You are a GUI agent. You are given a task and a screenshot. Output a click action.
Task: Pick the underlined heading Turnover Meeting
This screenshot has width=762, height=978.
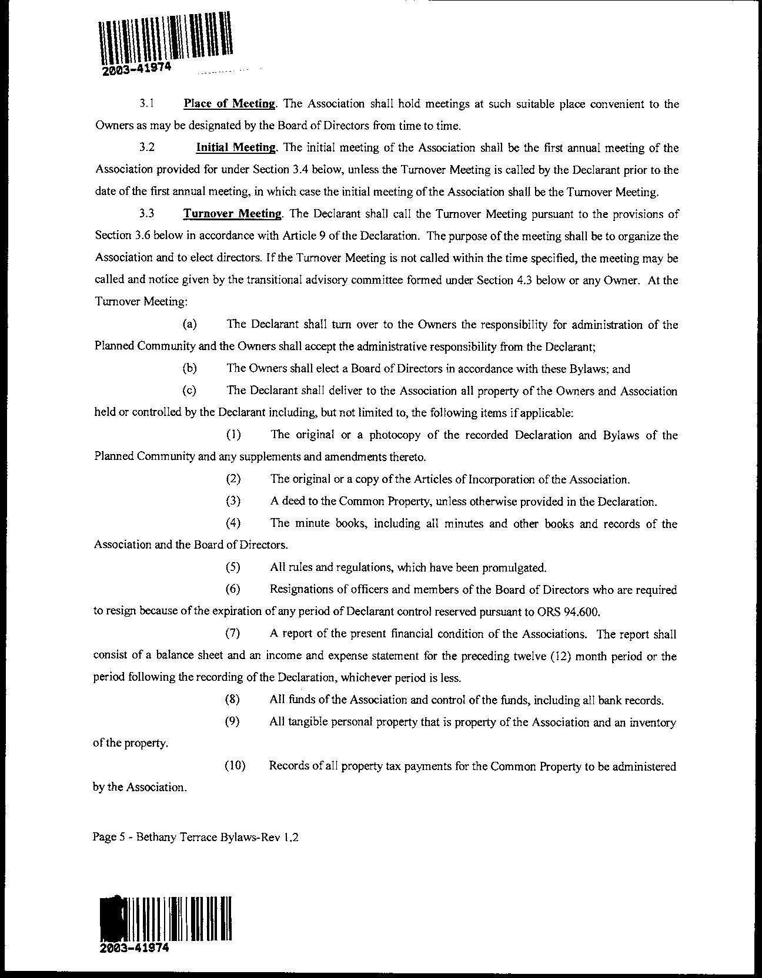[232, 214]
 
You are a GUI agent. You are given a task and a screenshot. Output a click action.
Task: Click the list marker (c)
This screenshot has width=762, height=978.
[189, 391]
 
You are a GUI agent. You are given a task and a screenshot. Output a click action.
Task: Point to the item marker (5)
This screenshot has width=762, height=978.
[233, 568]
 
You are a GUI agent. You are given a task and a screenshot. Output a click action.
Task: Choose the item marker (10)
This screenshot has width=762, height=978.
[235, 767]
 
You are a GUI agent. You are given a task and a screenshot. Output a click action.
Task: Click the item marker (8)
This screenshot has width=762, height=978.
[233, 700]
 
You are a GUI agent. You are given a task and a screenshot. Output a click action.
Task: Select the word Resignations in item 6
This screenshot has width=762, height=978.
[300, 590]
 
